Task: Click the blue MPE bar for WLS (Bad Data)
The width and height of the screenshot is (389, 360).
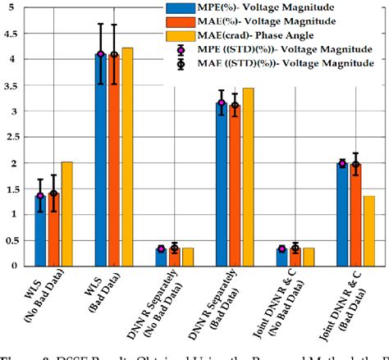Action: [101, 164]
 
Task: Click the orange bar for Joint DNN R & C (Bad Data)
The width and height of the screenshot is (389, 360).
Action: [355, 216]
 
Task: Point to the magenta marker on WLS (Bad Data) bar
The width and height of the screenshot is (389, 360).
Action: [101, 54]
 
